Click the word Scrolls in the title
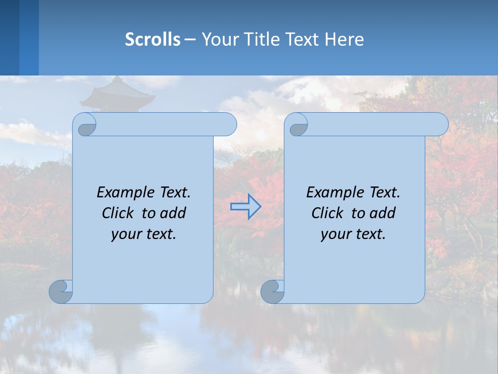point(153,39)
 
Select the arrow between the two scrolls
point(245,207)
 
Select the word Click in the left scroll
point(119,213)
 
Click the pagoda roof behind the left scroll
point(118,94)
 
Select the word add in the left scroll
point(173,213)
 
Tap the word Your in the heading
point(217,39)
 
